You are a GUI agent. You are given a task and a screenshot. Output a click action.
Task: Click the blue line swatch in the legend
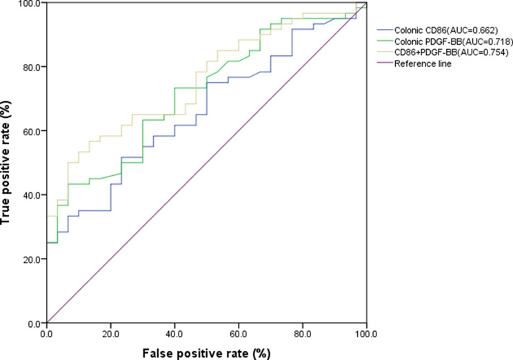coord(385,30)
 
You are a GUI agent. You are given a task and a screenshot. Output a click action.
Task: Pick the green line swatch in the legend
coord(385,41)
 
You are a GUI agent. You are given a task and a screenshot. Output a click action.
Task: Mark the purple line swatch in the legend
coord(385,63)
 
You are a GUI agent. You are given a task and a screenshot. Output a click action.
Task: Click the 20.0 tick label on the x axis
coord(110,334)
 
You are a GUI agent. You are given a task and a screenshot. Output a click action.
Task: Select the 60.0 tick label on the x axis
coord(239,334)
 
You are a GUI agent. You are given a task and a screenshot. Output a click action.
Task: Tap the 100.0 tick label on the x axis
coord(366,334)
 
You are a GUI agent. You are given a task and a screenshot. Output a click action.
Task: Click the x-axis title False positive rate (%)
coord(206,354)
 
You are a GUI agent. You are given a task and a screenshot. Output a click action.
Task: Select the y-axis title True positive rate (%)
coord(6,163)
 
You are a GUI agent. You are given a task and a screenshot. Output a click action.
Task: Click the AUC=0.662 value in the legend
coord(472,30)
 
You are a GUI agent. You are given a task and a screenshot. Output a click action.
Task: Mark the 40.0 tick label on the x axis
coord(174,334)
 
